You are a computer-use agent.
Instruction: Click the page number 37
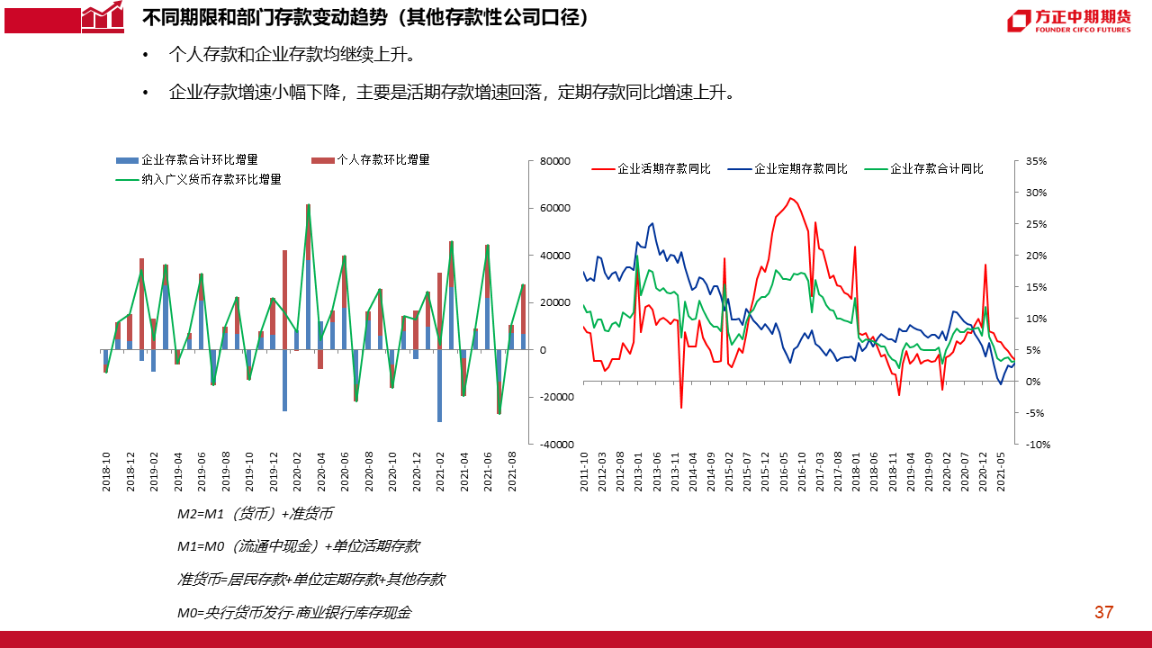[x=1103, y=613]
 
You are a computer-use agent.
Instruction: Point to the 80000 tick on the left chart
[x=555, y=161]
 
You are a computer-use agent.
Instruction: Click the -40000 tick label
[x=553, y=445]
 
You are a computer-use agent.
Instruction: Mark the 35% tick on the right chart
[x=1036, y=161]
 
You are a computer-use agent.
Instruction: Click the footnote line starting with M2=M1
[x=255, y=514]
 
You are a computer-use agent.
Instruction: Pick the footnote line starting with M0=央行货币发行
[x=293, y=613]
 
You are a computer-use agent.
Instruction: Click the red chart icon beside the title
[x=102, y=17]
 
